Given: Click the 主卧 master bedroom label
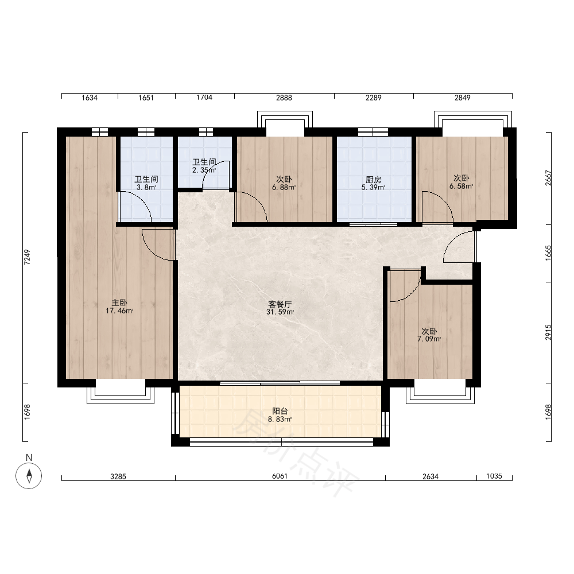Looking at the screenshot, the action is tap(119, 302).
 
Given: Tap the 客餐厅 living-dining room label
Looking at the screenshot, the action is tap(280, 304).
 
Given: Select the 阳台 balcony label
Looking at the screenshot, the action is tap(280, 411).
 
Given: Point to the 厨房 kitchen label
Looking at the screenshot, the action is tap(374, 180).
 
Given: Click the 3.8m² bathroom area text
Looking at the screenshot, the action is tap(146, 188).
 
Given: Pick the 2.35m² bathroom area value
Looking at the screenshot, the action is tap(204, 170).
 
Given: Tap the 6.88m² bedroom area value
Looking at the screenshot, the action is tap(284, 188).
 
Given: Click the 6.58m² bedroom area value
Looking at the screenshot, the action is tap(461, 186).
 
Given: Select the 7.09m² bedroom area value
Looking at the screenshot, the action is tap(429, 339).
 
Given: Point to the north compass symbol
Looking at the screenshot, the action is tap(29, 476).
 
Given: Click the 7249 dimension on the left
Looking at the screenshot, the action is tap(27, 257).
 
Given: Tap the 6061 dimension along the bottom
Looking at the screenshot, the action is tap(280, 476).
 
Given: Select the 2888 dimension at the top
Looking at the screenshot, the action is tap(284, 98).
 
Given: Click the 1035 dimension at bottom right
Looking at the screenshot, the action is tap(494, 476).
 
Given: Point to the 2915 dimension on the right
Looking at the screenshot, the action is tap(548, 332).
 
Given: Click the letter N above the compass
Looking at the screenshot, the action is tap(29, 457).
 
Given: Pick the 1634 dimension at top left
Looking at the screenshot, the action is tap(90, 98).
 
